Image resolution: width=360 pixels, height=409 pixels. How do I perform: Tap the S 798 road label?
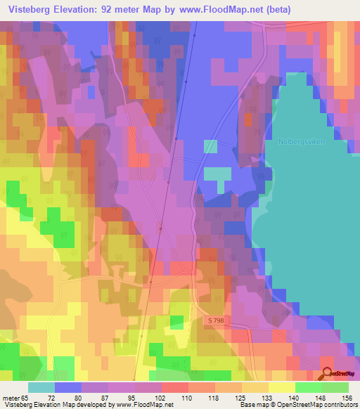pyautogui.click(x=217, y=320)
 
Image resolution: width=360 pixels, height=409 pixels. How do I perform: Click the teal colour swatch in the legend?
pyautogui.click(x=41, y=388)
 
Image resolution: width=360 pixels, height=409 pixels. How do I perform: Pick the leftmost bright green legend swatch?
pyautogui.click(x=308, y=388)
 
